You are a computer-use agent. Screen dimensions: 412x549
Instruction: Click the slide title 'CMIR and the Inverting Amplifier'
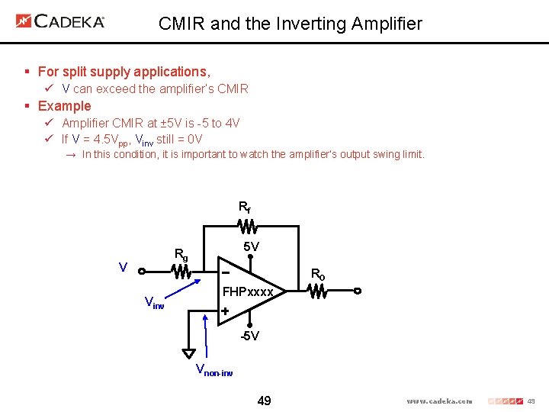coord(290,24)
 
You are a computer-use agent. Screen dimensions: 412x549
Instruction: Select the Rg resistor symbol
coord(181,270)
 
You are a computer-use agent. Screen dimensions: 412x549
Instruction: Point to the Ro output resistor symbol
coord(318,291)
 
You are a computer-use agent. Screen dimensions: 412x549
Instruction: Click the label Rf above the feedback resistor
coord(245,207)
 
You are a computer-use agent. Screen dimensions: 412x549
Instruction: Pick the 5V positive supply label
coord(251,247)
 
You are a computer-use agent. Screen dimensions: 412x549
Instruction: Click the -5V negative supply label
coord(249,336)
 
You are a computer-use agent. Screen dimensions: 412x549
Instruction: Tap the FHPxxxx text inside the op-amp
coord(248,291)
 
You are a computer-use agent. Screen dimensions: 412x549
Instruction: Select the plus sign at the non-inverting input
coord(225,311)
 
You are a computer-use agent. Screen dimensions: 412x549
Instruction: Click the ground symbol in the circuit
coord(188,353)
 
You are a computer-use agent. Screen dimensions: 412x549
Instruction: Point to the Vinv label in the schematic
coord(154,304)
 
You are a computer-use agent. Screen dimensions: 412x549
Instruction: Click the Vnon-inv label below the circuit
coord(214,371)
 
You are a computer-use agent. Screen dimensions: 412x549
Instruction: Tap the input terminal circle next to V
coord(142,270)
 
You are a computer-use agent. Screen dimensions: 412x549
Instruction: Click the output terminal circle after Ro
coord(356,291)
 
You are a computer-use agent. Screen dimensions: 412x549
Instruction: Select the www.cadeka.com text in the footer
coord(439,401)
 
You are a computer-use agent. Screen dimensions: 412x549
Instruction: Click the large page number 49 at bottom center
coord(265,401)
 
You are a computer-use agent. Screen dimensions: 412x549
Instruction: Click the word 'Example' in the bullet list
coord(64,106)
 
